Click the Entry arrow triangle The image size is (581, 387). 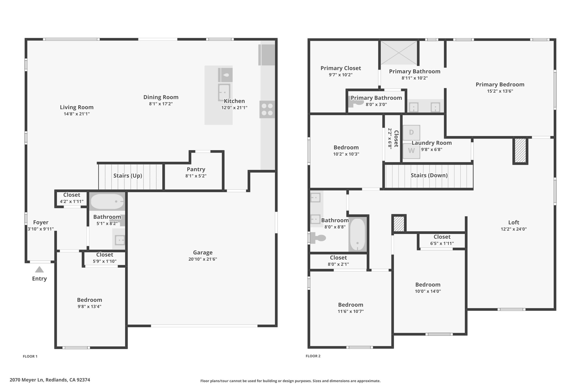click(x=39, y=269)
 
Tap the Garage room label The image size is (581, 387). click(x=203, y=252)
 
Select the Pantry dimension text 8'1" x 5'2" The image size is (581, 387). click(x=196, y=176)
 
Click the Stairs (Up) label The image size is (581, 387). click(x=128, y=175)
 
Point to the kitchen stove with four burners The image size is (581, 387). click(x=267, y=109)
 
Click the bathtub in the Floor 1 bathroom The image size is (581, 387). click(x=107, y=201)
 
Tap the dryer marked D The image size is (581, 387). click(x=411, y=132)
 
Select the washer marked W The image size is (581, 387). click(x=411, y=151)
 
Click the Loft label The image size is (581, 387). click(x=513, y=223)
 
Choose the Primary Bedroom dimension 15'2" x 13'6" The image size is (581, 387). click(x=500, y=91)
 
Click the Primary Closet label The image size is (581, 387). click(x=340, y=68)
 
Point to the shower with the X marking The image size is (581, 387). click(x=399, y=53)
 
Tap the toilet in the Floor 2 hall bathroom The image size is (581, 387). click(x=317, y=238)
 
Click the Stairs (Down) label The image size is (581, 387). click(x=429, y=175)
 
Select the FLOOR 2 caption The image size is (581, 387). click(x=313, y=356)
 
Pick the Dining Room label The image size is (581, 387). click(x=161, y=97)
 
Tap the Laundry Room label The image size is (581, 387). click(x=431, y=143)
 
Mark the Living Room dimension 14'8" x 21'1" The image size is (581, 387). click(x=77, y=114)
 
